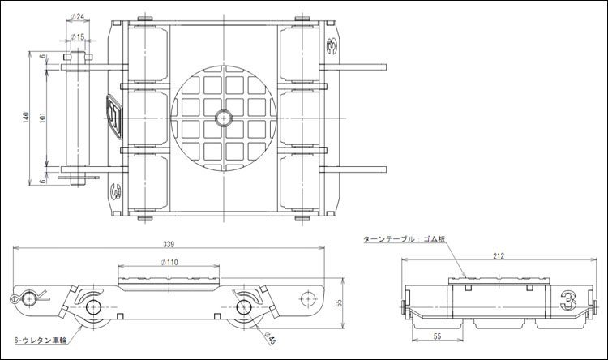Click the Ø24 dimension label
click(79, 16)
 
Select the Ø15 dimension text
click(79, 37)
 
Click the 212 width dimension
click(498, 256)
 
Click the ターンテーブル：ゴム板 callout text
click(405, 239)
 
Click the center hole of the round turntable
click(221, 118)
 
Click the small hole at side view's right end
click(308, 297)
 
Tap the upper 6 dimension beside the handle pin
click(42, 57)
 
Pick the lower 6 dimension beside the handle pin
click(42, 181)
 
